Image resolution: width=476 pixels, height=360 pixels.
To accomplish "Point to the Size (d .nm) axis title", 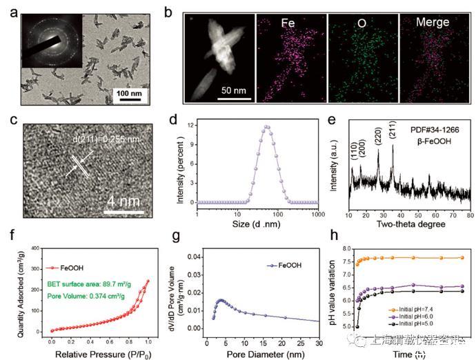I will tap(257, 225).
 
